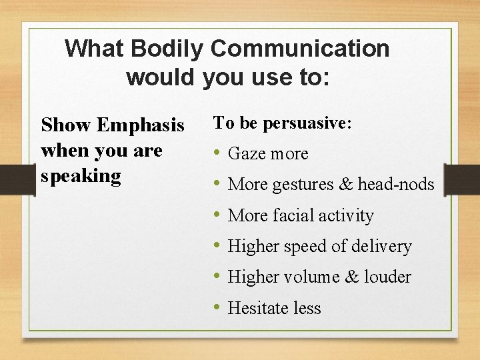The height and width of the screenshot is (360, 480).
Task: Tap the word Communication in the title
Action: click(300, 49)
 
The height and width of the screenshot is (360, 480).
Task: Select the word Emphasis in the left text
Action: click(141, 125)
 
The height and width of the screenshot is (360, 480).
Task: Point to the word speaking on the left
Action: click(81, 177)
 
